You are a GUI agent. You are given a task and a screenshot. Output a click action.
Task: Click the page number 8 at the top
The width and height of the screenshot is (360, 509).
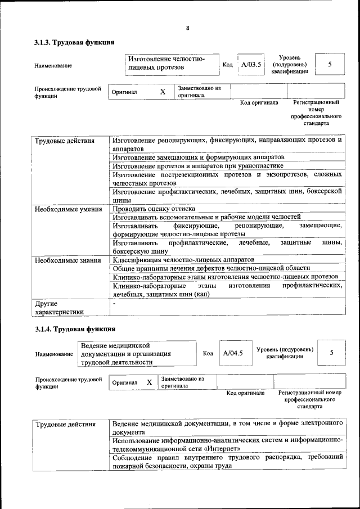pos(187,29)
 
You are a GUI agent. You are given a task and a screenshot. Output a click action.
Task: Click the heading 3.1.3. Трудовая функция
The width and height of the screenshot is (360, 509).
pos(74,43)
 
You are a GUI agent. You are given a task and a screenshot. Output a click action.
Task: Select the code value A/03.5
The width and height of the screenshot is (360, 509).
pos(251,65)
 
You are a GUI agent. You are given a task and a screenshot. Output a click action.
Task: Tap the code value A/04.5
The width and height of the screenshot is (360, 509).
pos(233,353)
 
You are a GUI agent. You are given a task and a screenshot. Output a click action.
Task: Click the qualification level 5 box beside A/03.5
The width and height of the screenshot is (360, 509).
pos(330,65)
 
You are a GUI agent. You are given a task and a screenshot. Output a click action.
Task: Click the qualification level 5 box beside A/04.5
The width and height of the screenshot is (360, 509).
pos(332,353)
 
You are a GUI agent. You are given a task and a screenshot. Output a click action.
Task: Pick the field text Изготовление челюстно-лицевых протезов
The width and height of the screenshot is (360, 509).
pos(166,64)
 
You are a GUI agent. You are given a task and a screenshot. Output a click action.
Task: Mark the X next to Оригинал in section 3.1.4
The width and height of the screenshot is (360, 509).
pos(150,382)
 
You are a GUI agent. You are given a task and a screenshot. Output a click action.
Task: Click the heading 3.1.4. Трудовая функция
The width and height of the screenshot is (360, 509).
pos(74,329)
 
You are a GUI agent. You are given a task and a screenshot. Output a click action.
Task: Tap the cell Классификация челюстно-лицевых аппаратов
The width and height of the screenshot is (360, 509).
pos(183,260)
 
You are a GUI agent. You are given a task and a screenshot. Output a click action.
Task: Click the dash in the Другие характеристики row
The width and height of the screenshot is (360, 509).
pos(114,303)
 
